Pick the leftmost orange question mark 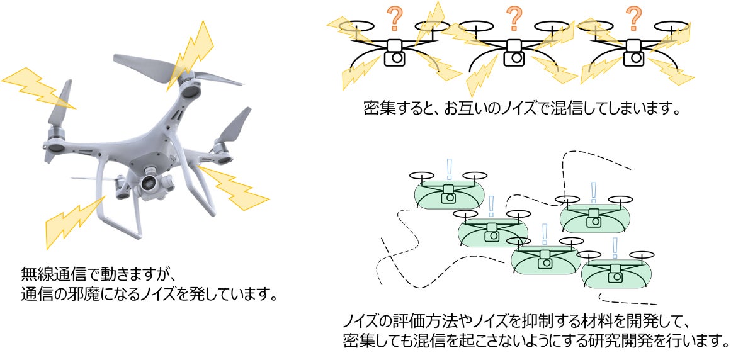coord(395,19)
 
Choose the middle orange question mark coord(514,19)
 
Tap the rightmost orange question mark coord(633,19)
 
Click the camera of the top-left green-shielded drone coord(448,198)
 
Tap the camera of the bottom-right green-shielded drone coord(615,276)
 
